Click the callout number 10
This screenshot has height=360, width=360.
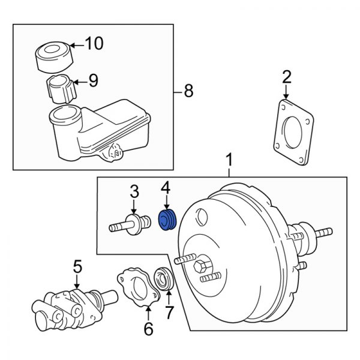[x=94, y=43]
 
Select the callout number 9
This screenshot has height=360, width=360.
[x=93, y=81]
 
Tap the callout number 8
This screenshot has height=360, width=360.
[x=188, y=91]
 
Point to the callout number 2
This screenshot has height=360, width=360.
[x=286, y=77]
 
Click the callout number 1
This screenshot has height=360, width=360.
[x=229, y=160]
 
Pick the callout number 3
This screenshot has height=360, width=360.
[x=134, y=192]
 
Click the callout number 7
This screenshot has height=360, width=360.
[x=169, y=313]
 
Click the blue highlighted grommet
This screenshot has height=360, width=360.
[x=165, y=220]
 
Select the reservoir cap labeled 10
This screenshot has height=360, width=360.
[x=53, y=56]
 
